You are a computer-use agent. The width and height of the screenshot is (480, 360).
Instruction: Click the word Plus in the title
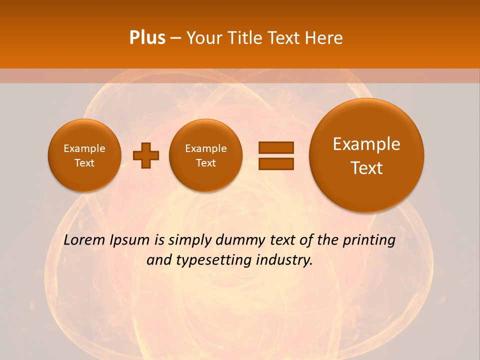147,38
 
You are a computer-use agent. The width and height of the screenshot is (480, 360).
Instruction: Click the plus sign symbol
146,155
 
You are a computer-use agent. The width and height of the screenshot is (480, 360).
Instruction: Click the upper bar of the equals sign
276,147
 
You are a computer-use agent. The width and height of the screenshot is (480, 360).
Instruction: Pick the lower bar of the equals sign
276,163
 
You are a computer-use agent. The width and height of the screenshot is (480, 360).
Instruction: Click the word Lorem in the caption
84,240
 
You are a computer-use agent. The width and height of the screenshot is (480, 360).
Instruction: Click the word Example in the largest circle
366,144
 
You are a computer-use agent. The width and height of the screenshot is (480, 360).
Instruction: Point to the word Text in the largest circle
366,168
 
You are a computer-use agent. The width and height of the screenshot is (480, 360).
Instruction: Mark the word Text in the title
284,38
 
